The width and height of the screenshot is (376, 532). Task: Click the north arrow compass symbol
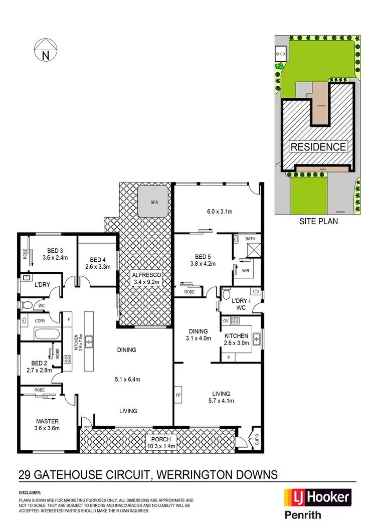pos(45,51)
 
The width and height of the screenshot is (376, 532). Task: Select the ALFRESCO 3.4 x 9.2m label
pos(146,278)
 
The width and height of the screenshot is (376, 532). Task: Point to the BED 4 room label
pos(97,263)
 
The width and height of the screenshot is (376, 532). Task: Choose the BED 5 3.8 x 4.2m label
pos(203,260)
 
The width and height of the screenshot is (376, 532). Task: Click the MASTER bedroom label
pos(47,424)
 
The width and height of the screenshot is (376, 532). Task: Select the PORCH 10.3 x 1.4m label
pos(158,442)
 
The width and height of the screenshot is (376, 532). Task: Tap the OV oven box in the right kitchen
pos(226,320)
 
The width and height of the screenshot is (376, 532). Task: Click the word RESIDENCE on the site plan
pos(318,147)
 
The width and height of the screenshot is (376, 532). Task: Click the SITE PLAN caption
pos(318,220)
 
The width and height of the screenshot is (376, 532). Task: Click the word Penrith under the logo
pos(303,515)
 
